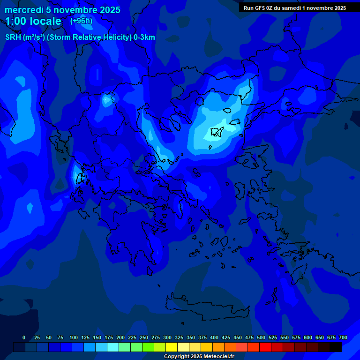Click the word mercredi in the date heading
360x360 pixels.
point(23,10)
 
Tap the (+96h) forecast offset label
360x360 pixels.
point(81,21)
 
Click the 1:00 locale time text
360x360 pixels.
point(33,22)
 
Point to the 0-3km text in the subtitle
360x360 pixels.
point(144,37)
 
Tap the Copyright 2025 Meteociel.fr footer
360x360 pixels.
point(199,357)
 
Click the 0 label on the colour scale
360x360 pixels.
point(24,337)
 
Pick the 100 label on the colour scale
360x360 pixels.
point(74,337)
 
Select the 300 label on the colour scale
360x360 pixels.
point(167,337)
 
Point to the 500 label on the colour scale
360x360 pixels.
point(261,337)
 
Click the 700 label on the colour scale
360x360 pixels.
point(343,337)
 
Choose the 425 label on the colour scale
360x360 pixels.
point(226,337)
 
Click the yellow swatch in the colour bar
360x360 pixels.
point(172,347)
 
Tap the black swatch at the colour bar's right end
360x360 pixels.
point(336,347)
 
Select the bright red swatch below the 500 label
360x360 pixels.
point(265,347)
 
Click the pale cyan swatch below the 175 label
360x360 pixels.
point(113,347)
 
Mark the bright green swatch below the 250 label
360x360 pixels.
point(148,347)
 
